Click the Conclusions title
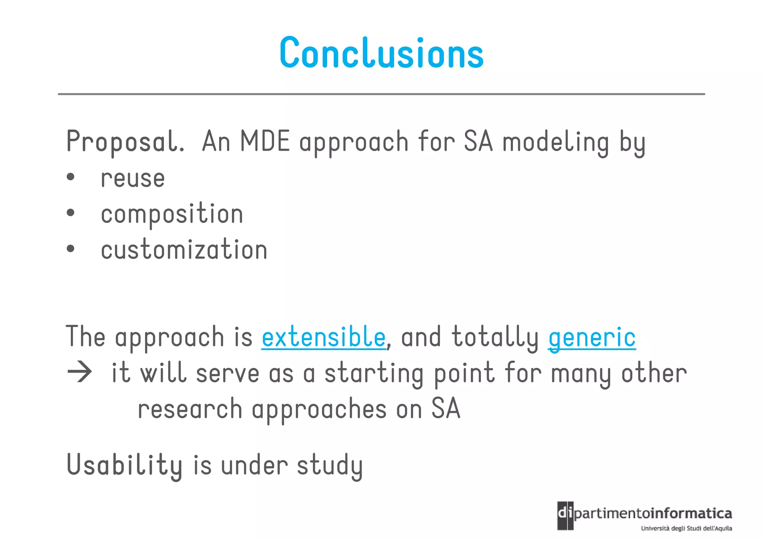[381, 53]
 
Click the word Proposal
[125, 142]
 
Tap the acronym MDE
[265, 141]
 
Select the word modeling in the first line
[556, 143]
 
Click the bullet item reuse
[133, 178]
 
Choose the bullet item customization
[184, 250]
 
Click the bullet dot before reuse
[70, 177]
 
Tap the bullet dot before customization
[70, 249]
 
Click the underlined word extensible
[323, 337]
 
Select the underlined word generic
[592, 337]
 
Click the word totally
[495, 337]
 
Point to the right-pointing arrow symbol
[80, 372]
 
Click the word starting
[374, 373]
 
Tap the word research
[190, 409]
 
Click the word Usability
[124, 465]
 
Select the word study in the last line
[330, 466]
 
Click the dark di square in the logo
[565, 516]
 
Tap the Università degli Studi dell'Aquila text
[686, 528]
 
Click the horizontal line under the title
[381, 94]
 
